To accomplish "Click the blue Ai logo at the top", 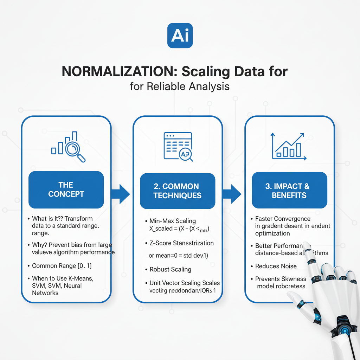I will tap(180, 36).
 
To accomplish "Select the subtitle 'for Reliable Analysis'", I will tap(180, 86).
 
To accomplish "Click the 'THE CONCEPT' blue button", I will tap(66, 189).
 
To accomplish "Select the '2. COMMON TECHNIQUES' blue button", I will tap(177, 191).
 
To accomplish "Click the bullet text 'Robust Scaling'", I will tap(171, 269).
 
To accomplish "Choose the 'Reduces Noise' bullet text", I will tap(276, 266).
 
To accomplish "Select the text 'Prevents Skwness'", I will tap(281, 279).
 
